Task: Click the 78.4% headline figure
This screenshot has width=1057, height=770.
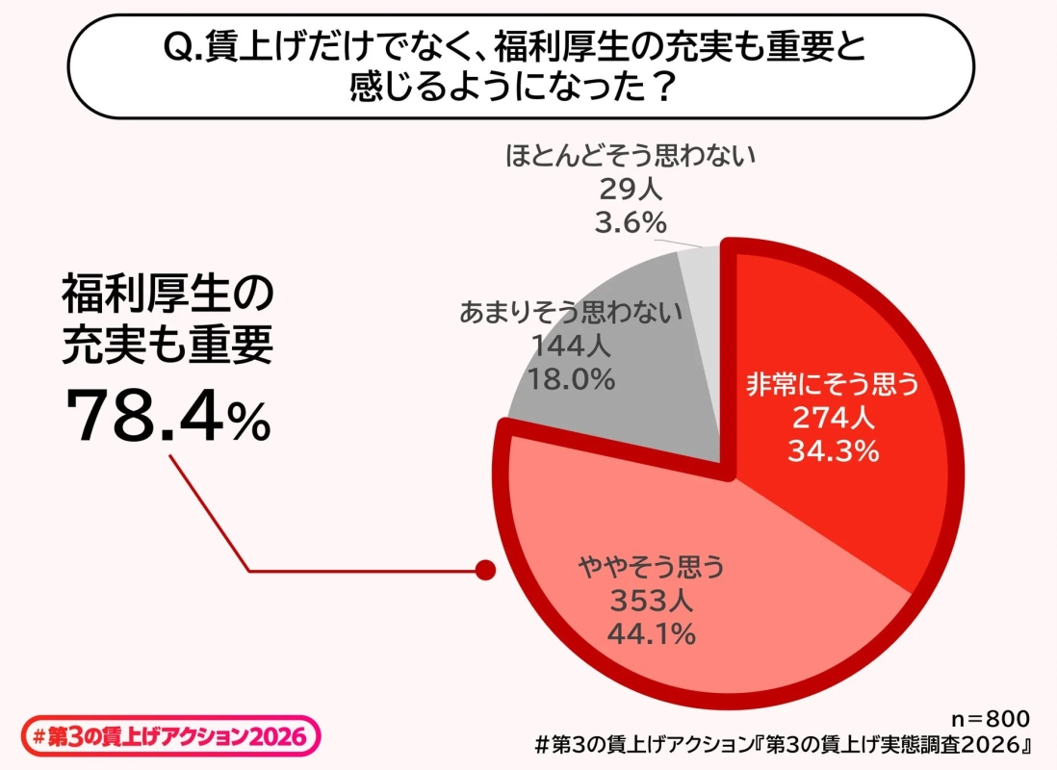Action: click(168, 417)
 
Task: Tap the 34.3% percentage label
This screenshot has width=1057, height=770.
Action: click(833, 450)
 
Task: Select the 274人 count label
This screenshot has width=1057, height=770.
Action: click(833, 418)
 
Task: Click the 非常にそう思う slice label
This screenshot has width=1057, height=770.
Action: click(834, 385)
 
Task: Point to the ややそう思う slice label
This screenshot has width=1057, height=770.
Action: click(651, 568)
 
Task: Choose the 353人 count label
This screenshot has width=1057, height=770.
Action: click(651, 602)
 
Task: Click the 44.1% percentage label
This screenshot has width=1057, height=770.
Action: click(651, 634)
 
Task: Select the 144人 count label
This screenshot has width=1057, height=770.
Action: click(571, 346)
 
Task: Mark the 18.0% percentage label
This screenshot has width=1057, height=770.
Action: click(571, 379)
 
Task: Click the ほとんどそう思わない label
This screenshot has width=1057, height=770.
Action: click(632, 155)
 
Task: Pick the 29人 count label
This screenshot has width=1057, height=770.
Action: click(632, 189)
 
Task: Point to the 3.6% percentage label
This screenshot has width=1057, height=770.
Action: click(632, 222)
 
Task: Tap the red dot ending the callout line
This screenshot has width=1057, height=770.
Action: click(486, 571)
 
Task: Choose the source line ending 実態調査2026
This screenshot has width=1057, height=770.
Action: click(784, 745)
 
